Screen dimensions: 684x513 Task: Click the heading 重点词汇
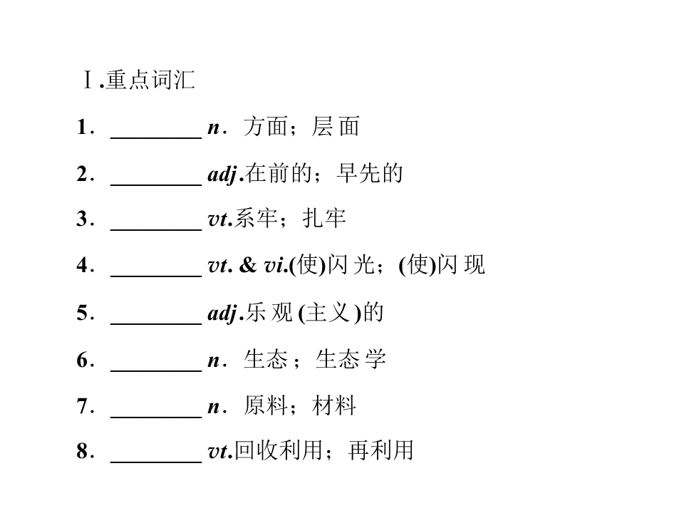click(150, 80)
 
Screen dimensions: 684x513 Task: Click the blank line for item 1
click(156, 138)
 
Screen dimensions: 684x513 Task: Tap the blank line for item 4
click(156, 276)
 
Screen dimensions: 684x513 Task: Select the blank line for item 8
click(156, 461)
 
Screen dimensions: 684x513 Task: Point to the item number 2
click(83, 174)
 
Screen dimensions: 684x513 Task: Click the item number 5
click(83, 313)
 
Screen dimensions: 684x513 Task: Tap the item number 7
click(83, 405)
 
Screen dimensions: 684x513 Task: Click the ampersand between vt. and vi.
click(248, 265)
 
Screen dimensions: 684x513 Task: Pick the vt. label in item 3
click(220, 219)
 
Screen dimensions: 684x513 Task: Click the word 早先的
click(370, 174)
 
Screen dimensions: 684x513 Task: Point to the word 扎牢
click(324, 219)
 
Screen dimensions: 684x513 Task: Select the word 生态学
click(351, 359)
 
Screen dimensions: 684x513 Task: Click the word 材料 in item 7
click(333, 406)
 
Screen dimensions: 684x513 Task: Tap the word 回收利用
click(279, 450)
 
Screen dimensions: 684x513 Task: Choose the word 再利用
click(380, 450)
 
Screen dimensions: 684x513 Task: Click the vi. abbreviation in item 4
click(276, 265)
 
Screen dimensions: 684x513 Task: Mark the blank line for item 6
click(156, 370)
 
